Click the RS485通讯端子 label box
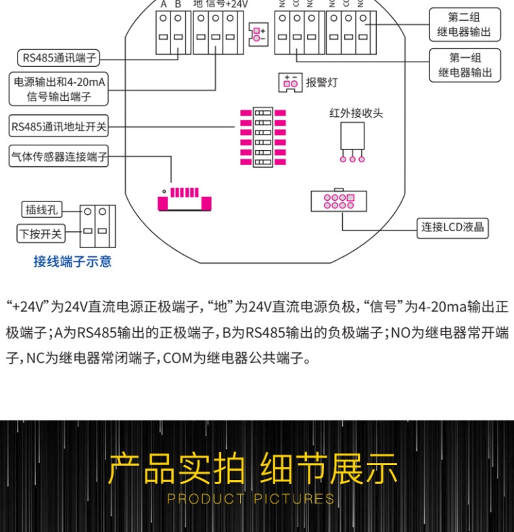[x=58, y=58]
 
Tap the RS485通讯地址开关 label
[x=59, y=126]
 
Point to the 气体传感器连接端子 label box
[x=59, y=158]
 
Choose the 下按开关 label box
[x=41, y=234]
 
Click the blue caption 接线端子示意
[x=72, y=262]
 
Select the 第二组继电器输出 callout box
[x=465, y=24]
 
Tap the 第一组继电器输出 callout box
[x=465, y=65]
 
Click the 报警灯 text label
[x=321, y=82]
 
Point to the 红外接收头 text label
[x=356, y=113]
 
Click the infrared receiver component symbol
[x=352, y=141]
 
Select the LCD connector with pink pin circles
[x=338, y=201]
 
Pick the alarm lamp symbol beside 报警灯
[x=291, y=82]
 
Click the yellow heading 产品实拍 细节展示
[x=253, y=469]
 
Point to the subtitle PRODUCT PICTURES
[x=251, y=500]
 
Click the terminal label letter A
[x=163, y=4]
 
